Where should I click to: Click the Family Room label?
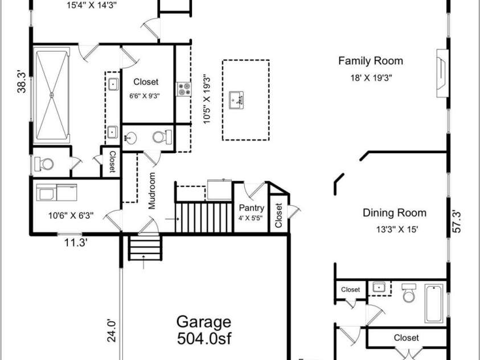tap(371, 61)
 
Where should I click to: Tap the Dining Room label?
tap(394, 213)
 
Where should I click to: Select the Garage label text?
tap(204, 322)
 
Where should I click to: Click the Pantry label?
tap(251, 208)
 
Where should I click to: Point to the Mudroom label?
tap(152, 191)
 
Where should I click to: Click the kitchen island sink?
tap(236, 100)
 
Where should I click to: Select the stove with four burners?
tap(184, 89)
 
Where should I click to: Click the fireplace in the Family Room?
tap(442, 73)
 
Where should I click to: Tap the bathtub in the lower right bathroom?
tap(434, 304)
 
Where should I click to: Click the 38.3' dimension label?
tap(22, 81)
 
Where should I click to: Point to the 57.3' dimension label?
tap(457, 222)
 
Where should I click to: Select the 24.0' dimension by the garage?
tap(112, 330)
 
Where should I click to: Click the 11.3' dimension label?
tap(76, 243)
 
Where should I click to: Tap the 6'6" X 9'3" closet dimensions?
tap(145, 96)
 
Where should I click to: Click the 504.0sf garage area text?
tap(204, 338)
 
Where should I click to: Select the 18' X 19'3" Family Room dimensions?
tap(371, 78)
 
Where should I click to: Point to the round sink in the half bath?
tap(131, 138)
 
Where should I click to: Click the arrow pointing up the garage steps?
tap(143, 261)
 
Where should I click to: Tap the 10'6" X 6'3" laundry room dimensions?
tap(71, 216)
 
